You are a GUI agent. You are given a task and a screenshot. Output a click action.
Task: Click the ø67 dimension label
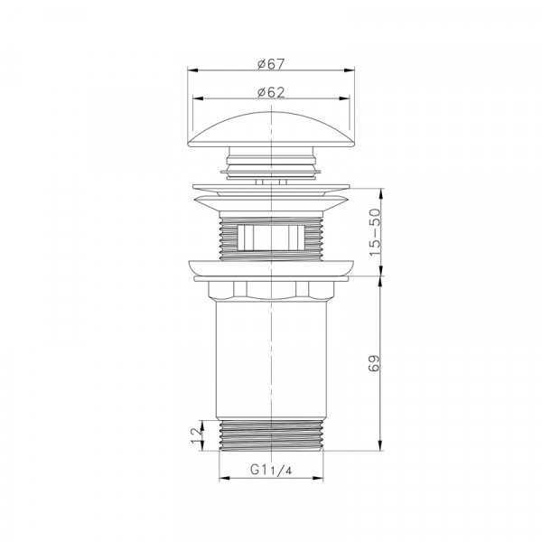click(271, 64)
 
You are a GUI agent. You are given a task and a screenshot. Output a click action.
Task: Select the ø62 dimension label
click(271, 92)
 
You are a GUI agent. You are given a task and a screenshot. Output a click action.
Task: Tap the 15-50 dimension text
click(375, 232)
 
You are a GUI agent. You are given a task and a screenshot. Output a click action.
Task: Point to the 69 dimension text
click(374, 363)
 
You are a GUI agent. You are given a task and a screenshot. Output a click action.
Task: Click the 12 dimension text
click(196, 435)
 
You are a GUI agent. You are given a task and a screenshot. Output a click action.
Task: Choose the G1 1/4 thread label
click(271, 470)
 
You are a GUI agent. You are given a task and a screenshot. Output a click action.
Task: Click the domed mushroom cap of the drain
click(271, 129)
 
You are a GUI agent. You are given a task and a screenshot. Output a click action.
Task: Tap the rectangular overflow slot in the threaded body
click(271, 238)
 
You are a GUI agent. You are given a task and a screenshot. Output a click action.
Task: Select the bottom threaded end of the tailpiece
click(271, 435)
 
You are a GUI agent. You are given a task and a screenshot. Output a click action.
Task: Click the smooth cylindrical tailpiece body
click(271, 360)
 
